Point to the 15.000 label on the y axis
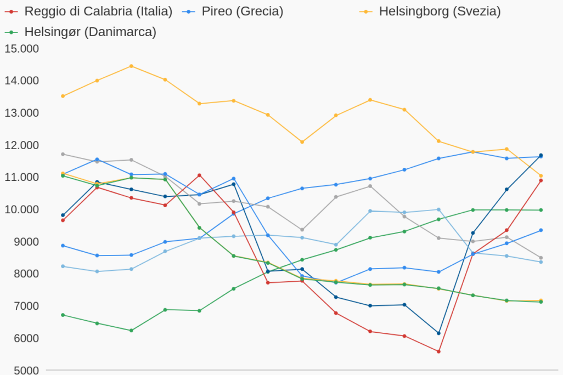pos(21,48)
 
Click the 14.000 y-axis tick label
pos(21,81)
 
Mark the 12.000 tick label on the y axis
pos(21,145)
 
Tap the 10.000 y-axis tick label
pos(21,209)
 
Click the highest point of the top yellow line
pos(131,66)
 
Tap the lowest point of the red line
pos(438,351)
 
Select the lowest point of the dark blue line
pos(438,333)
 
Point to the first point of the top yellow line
pos(63,96)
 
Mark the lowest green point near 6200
pos(131,331)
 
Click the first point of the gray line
pos(63,154)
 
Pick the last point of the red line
pos(541,180)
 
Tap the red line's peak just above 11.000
pos(199,175)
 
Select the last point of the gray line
pos(541,258)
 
